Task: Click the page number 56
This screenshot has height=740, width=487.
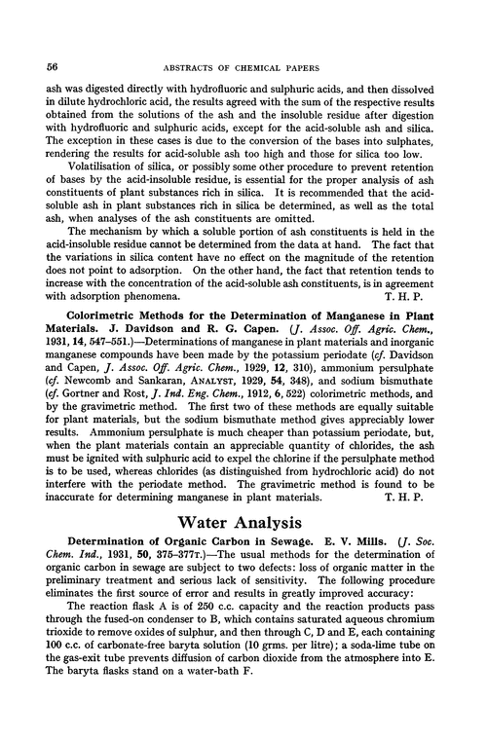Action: (x=54, y=68)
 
